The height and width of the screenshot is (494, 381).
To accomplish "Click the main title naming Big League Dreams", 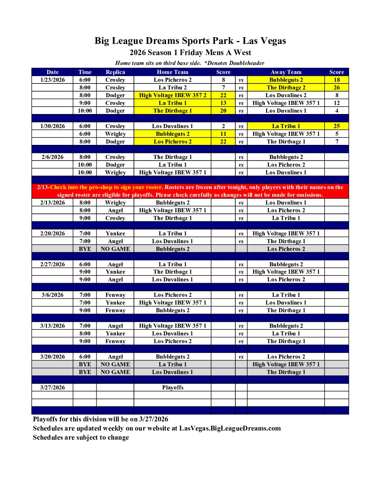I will point(190,41).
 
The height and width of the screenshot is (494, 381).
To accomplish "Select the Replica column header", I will point(115,72).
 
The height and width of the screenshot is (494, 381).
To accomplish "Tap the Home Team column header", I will point(172,72).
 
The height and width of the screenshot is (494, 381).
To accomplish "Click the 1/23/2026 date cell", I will point(53,80).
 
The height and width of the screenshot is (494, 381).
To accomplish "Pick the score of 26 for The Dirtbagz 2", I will point(337,87).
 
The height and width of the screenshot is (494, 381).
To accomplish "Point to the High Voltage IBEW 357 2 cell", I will point(172,95).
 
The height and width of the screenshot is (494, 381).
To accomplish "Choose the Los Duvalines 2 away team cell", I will point(286,95).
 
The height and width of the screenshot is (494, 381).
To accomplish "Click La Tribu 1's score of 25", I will point(337,126).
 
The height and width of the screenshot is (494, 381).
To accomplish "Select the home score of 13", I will point(223,103).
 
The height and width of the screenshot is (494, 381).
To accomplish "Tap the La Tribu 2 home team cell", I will point(172,87).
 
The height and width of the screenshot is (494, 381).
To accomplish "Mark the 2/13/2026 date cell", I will point(53,202).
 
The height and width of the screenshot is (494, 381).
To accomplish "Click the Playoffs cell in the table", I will point(172,387).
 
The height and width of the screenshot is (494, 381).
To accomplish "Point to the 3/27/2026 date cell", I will point(53,387).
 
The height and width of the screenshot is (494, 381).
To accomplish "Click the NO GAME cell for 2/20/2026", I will point(115,249).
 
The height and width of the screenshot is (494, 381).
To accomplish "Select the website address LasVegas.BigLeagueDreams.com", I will point(230,428).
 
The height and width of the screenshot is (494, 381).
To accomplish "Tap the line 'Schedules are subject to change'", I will point(81,437).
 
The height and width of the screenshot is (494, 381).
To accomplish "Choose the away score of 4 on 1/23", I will point(337,111).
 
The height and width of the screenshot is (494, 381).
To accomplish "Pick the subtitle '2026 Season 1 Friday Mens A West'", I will point(190,53).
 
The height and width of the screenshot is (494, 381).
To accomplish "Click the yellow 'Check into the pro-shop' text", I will point(106,187).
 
